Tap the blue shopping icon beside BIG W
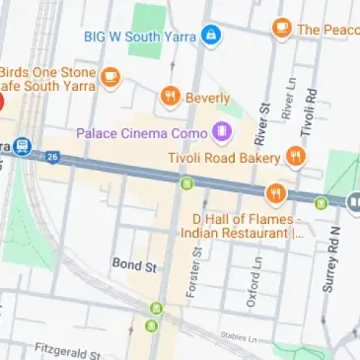pyautogui.click(x=210, y=36)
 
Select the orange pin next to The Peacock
pyautogui.click(x=282, y=29)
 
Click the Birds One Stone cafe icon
pyautogui.click(x=110, y=75)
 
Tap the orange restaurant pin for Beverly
pyautogui.click(x=171, y=97)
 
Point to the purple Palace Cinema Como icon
pyautogui.click(x=221, y=131)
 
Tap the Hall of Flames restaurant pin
pyautogui.click(x=275, y=192)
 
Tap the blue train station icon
pyautogui.click(x=23, y=146)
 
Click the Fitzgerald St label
pyautogui.click(x=69, y=350)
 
